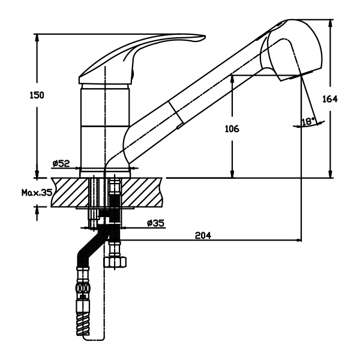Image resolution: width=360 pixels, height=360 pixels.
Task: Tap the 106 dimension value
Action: (x=232, y=128)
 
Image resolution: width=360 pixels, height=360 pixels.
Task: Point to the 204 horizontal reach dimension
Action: (x=204, y=235)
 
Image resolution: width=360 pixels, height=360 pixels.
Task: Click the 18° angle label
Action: (x=308, y=121)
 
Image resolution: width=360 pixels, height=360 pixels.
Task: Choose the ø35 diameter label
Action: (x=157, y=223)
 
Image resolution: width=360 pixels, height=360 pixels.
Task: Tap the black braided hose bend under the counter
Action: (x=90, y=246)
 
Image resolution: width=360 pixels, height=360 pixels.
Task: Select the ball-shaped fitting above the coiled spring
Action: (x=82, y=289)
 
